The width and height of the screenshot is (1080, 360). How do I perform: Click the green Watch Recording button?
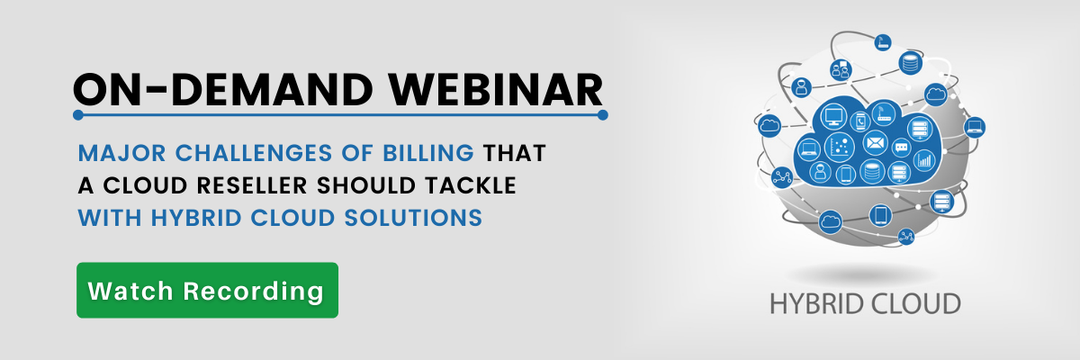[x=207, y=290]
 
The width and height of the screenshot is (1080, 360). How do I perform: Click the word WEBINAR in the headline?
[x=496, y=90]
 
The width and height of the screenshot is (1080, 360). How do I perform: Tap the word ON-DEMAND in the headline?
[x=223, y=90]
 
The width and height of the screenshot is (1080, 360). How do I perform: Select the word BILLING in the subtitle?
[x=428, y=153]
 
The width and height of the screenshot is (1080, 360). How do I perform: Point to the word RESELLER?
[x=252, y=185]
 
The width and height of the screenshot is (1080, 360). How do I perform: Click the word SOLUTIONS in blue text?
[x=413, y=218]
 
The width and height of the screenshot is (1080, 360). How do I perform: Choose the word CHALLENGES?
[x=254, y=153]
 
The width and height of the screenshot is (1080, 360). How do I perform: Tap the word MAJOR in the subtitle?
[x=122, y=153]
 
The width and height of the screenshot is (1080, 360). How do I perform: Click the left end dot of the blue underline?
[x=78, y=114]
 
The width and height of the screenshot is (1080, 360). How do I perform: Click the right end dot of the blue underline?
[x=603, y=114]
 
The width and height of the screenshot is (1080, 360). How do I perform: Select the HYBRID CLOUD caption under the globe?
[x=866, y=304]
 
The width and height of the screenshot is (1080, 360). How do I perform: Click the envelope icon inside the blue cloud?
[x=875, y=143]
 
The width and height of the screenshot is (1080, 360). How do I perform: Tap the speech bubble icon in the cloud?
[x=901, y=147]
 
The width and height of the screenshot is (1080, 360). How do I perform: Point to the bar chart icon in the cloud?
[x=923, y=160]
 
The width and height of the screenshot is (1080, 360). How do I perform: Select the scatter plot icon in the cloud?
[x=840, y=147]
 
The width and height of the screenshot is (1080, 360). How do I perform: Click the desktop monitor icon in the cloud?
[x=833, y=116]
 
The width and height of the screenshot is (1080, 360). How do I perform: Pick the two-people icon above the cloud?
[x=841, y=70]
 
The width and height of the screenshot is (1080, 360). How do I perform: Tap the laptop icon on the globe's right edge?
[x=975, y=127]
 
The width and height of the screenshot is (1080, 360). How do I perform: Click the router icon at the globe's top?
[x=883, y=42]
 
